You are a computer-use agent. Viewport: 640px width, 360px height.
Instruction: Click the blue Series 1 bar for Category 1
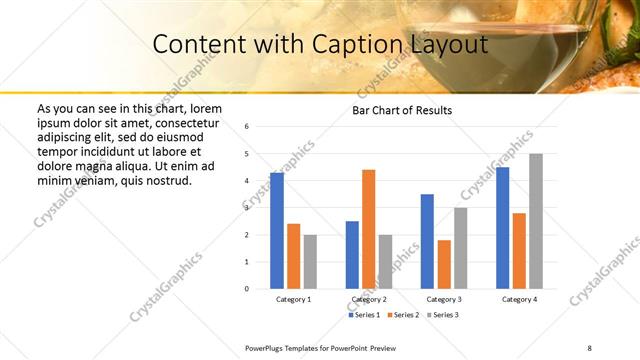click(277, 231)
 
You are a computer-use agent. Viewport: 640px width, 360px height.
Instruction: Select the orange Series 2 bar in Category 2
click(368, 229)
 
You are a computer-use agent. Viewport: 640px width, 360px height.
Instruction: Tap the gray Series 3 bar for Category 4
click(536, 221)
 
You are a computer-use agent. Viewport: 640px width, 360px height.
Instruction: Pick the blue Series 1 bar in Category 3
click(427, 241)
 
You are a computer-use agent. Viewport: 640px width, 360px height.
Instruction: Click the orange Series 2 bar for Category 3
click(444, 264)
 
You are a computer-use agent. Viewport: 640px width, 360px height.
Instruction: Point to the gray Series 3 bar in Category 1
click(310, 261)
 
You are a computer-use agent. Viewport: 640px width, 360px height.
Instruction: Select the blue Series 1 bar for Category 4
click(502, 228)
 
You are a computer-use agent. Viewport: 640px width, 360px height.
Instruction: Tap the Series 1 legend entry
click(364, 315)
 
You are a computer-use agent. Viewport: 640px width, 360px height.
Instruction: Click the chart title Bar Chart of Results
click(402, 110)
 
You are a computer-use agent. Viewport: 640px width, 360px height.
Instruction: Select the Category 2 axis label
click(368, 299)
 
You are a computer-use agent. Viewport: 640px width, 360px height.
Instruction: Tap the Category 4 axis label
click(519, 299)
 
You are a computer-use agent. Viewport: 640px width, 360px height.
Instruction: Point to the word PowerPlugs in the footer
click(268, 347)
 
